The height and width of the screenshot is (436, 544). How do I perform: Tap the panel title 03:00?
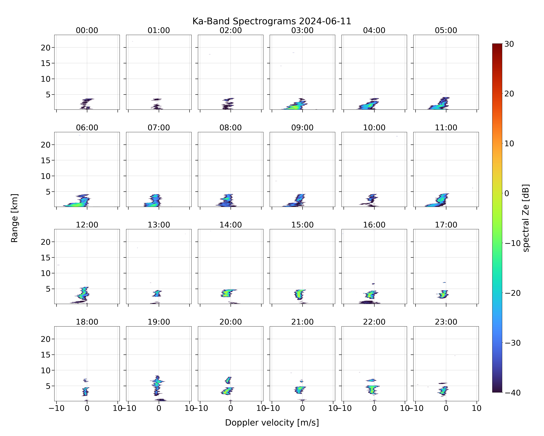[x=302, y=30]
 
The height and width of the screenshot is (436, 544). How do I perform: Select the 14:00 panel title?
[x=231, y=225]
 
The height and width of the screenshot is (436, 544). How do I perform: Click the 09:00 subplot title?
[x=302, y=128]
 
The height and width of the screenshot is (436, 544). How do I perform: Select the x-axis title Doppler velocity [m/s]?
[x=272, y=423]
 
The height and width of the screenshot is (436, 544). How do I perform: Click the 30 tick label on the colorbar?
[x=509, y=44]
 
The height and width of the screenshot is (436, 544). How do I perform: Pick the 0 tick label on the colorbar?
[x=507, y=193]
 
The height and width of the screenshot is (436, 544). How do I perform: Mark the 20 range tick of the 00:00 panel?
[x=46, y=48]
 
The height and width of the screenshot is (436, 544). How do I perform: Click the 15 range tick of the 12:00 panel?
[x=46, y=258]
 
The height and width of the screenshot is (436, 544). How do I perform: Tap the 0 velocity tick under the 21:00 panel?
[x=302, y=408]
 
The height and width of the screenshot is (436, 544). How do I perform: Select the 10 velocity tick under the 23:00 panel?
[x=477, y=408]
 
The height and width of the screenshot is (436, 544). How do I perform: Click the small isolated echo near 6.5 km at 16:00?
[x=373, y=284]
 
